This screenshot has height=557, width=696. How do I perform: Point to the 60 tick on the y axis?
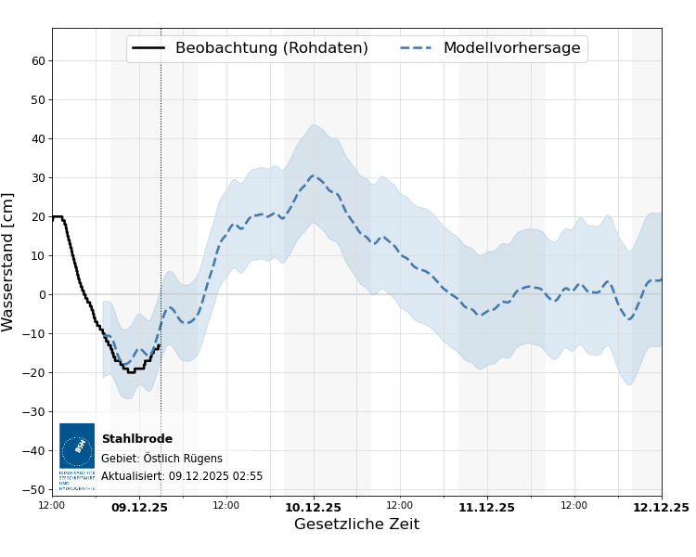(39, 61)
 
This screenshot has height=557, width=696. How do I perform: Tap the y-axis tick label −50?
(35, 490)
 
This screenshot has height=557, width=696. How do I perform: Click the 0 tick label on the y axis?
(42, 295)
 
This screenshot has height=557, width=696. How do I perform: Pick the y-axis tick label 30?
(39, 178)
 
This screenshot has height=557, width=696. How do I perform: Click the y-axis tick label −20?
(35, 373)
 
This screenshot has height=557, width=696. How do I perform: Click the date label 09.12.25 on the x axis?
(139, 507)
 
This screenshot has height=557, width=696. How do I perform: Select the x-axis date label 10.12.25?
(313, 507)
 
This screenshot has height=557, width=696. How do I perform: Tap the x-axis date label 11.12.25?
(486, 507)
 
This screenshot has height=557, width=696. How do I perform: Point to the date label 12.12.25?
(660, 507)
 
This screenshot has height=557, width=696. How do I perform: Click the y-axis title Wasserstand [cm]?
(8, 262)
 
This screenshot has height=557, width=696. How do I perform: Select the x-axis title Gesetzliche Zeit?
(356, 525)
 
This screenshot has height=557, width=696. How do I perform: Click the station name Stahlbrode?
(136, 439)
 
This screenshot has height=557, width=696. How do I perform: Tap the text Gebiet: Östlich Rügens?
(161, 459)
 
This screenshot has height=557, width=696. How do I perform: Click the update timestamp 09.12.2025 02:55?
(215, 476)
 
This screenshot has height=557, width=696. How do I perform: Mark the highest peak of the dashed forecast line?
(314, 175)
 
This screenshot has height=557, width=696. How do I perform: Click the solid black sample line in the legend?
(148, 48)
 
